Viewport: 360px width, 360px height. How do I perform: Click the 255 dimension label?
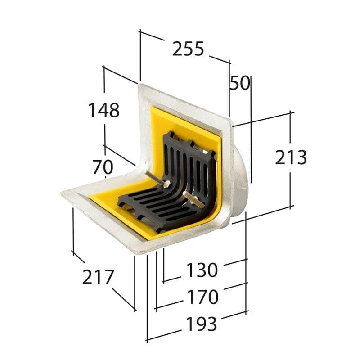[x=188, y=49]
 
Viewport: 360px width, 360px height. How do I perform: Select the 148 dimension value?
[x=103, y=110]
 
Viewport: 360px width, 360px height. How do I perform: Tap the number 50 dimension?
[x=240, y=83]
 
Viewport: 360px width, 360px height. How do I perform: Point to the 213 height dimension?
[x=291, y=157]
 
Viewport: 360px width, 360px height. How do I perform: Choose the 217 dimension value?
[x=98, y=277]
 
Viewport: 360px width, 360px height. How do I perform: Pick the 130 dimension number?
[x=202, y=270]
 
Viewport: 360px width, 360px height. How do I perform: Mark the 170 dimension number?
[x=202, y=297]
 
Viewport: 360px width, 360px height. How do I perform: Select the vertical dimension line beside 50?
[x=251, y=130]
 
